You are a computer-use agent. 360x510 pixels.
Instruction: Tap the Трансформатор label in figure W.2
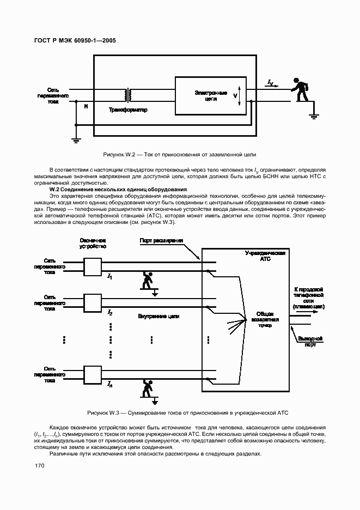pyautogui.click(x=128, y=110)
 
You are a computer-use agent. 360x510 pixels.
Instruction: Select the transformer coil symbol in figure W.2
pyautogui.click(x=129, y=95)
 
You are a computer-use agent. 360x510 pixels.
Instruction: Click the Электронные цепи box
pyautogui.click(x=210, y=96)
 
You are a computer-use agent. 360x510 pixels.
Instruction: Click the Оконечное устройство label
pyautogui.click(x=92, y=244)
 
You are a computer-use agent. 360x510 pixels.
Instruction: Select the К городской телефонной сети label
pyautogui.click(x=309, y=297)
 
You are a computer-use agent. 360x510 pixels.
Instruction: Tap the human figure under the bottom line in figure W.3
pyautogui.click(x=147, y=388)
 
